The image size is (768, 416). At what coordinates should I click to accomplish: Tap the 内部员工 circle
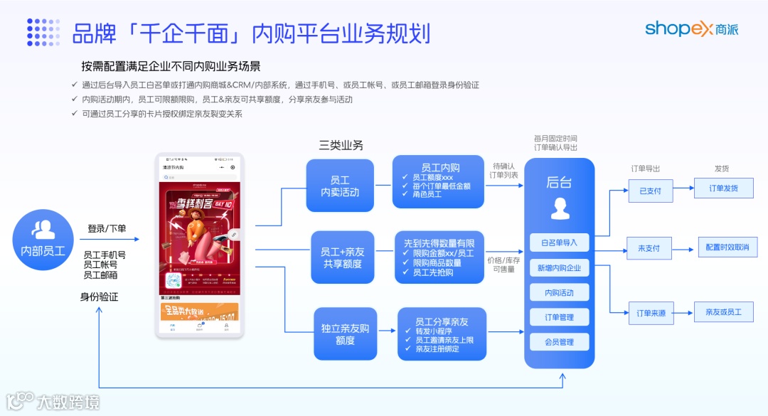point(43,240)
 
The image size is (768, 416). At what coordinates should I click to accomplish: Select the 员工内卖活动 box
point(340,186)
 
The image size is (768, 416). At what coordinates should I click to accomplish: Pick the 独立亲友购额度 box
point(345,334)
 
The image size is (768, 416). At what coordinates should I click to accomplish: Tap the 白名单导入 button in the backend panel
point(559,242)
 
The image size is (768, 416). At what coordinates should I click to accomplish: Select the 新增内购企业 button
point(559,267)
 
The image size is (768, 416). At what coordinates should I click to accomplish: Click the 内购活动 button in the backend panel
point(559,292)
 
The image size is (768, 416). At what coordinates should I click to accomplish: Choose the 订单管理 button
point(559,317)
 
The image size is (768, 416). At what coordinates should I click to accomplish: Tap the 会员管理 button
point(559,342)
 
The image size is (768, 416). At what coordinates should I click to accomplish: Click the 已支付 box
point(650,191)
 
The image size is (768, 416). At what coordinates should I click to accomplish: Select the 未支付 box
point(649,248)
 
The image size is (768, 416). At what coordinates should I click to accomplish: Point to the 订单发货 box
point(723,188)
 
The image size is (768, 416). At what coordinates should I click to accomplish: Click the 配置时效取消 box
point(727,247)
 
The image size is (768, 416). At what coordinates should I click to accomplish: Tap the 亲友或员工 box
point(723,312)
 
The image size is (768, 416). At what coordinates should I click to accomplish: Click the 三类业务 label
point(341,145)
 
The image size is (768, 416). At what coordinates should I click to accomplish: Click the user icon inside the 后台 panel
point(559,208)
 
